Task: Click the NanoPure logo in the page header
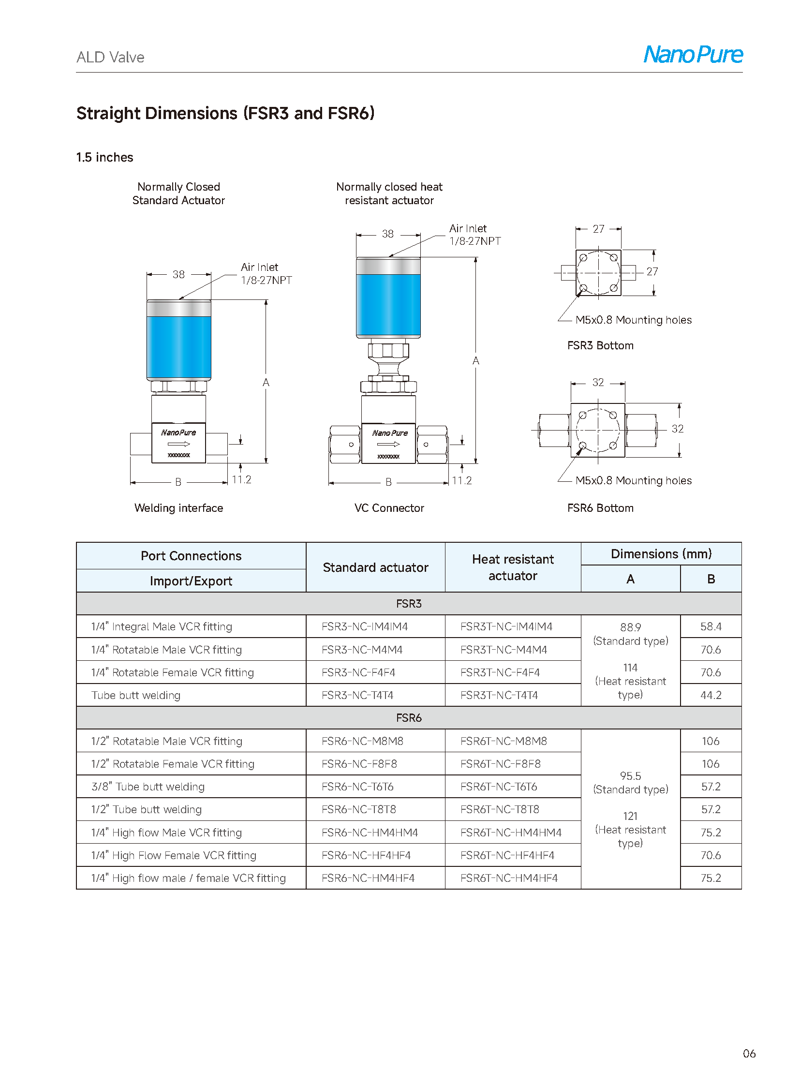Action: tap(693, 54)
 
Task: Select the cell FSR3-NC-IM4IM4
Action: tap(364, 626)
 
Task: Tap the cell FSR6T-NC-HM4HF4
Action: tap(508, 878)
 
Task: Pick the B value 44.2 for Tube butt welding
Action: tap(711, 695)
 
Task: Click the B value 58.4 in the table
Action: tap(711, 626)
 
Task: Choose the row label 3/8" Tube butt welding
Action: tap(148, 787)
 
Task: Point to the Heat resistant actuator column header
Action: tap(512, 567)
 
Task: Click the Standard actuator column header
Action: tap(375, 567)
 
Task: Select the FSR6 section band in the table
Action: tap(408, 717)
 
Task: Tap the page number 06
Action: tap(749, 1053)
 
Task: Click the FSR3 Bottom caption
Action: tap(600, 345)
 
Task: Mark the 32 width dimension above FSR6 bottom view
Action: tap(597, 382)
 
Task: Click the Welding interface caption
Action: tap(178, 507)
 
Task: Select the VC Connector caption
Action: tap(389, 507)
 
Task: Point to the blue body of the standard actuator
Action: tap(178, 346)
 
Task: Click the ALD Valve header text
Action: tap(110, 57)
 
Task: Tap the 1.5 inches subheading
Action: tap(104, 157)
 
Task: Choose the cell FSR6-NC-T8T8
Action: tap(358, 809)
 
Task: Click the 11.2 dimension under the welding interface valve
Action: tap(241, 479)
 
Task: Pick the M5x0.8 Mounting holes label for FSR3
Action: tap(633, 320)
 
